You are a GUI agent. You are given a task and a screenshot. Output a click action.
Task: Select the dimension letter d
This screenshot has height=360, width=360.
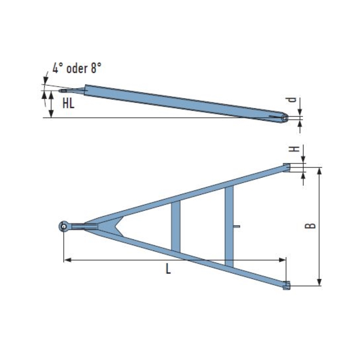[x=291, y=100]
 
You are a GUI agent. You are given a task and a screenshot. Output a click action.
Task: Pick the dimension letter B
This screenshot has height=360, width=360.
[x=310, y=225]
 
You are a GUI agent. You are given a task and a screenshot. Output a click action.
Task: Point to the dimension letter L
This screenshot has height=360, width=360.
[x=168, y=270]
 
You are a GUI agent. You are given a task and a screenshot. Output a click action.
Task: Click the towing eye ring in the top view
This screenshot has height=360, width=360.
[x=64, y=226]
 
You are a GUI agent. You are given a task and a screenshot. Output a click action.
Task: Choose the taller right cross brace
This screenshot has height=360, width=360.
[x=229, y=226]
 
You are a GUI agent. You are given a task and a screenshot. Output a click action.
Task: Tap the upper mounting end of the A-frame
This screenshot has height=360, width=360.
[x=287, y=167]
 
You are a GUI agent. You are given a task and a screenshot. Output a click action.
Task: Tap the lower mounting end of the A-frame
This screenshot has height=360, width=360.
[x=287, y=285]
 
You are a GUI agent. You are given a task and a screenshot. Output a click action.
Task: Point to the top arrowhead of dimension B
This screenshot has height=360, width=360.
[x=319, y=171]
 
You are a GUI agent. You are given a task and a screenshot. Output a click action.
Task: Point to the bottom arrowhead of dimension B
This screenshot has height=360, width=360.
[x=319, y=282]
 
